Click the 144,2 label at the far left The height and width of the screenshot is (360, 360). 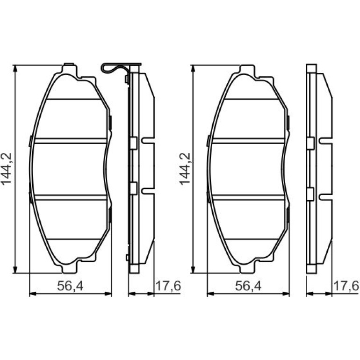tap(7, 169)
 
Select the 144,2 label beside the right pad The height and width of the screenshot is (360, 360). tap(185, 169)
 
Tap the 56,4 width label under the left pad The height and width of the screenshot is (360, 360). tap(70, 286)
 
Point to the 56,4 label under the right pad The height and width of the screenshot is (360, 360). tap(248, 286)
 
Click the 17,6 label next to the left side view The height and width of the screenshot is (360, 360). tap(168, 286)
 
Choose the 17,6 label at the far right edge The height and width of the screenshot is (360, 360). tap(346, 286)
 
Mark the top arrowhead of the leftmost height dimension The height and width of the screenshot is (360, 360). tap(15, 68)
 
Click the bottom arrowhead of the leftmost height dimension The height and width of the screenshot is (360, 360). tap(15, 270)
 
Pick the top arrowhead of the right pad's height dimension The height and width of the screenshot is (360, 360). tap(193, 68)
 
